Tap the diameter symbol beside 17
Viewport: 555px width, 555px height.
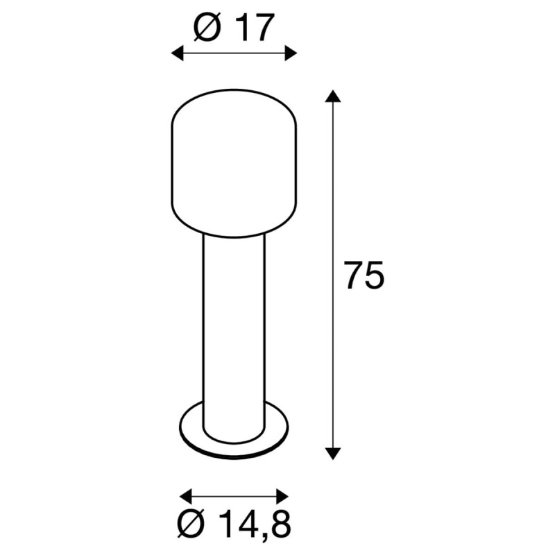coord(207,28)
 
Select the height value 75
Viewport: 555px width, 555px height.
coord(364,275)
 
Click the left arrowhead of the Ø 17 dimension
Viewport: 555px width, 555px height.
coord(178,53)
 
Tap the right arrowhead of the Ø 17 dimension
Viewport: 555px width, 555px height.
coord(291,53)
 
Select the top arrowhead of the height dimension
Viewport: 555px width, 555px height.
coord(333,96)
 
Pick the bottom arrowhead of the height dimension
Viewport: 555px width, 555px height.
coord(333,454)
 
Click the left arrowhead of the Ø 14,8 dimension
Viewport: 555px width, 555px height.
coord(186,496)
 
